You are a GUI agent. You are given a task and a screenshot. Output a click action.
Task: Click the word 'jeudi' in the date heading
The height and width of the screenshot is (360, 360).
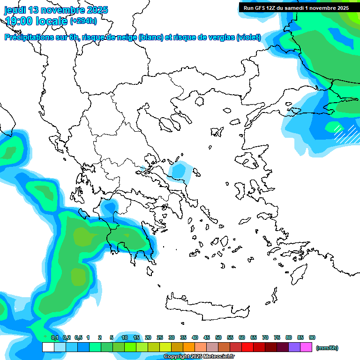coord(15,10)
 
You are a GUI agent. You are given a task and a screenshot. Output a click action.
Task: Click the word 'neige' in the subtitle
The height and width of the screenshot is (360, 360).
coord(125,37)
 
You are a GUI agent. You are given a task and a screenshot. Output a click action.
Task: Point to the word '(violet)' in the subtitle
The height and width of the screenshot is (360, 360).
coord(248,37)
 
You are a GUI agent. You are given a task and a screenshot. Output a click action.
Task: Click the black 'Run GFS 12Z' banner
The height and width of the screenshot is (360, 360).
coord(295,7)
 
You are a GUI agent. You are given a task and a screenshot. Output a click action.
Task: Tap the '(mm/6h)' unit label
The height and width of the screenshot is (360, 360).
coord(327,348)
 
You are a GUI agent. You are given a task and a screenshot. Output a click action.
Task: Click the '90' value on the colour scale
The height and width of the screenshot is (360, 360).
coord(312,337)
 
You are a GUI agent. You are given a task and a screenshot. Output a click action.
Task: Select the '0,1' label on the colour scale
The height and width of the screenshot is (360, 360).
coord(54,337)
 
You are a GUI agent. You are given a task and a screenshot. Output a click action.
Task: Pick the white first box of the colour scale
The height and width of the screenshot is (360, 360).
coord(48,347)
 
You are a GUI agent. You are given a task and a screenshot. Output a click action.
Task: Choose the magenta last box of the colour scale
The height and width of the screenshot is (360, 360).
coord(306,347)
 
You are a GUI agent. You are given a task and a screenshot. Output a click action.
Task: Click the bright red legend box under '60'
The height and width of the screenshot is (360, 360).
coord(247,347)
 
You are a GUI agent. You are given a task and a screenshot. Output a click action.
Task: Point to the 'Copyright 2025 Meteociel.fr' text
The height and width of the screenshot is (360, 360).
coord(199,356)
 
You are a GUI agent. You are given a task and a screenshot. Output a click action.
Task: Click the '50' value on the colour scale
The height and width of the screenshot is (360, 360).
coord(218,337)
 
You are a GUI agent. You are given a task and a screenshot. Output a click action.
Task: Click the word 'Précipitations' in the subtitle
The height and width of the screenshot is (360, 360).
coord(28,37)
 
